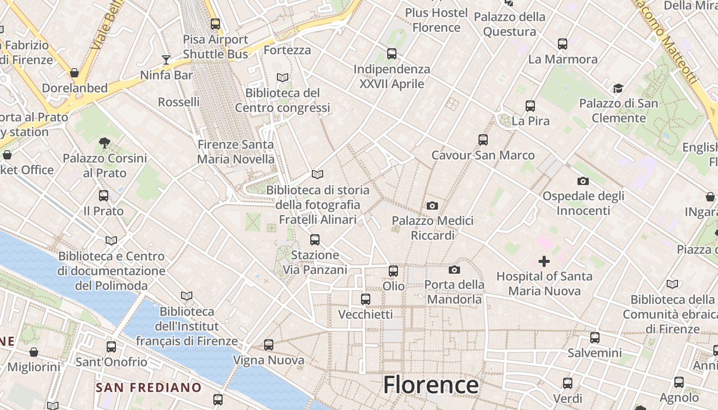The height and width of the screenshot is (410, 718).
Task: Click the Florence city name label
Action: click(x=430, y=384)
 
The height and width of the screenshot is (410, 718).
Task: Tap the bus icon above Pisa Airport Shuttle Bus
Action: click(x=215, y=24)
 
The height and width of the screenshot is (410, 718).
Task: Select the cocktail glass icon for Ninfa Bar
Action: click(x=166, y=60)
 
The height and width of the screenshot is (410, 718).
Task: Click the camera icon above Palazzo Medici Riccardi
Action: click(x=432, y=206)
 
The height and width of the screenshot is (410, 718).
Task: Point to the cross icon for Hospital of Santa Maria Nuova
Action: click(x=544, y=262)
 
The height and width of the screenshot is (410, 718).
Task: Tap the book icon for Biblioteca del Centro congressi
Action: click(x=283, y=77)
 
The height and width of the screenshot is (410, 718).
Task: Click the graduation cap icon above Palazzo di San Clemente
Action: click(x=618, y=89)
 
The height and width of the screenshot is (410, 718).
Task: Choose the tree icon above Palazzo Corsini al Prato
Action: click(x=105, y=142)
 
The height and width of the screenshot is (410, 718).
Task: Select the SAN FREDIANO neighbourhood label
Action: click(x=148, y=387)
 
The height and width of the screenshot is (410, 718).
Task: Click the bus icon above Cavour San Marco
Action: click(x=483, y=140)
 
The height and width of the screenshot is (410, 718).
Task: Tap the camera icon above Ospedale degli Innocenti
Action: click(x=583, y=181)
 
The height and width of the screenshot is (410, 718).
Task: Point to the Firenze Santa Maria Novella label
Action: click(x=236, y=152)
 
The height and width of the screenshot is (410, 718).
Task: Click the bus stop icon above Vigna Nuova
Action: click(x=269, y=345)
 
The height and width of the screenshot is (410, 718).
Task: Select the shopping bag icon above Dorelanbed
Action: click(x=74, y=73)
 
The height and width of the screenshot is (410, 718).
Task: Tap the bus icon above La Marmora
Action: click(x=563, y=44)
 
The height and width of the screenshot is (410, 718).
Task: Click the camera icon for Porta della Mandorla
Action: click(x=454, y=270)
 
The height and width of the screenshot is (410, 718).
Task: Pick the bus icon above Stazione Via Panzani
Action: click(x=315, y=239)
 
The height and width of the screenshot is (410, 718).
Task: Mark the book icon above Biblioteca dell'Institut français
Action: click(x=187, y=296)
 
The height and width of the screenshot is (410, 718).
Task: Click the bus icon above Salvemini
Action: click(x=595, y=338)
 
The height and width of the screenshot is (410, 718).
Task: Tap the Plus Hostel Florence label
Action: click(x=436, y=20)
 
